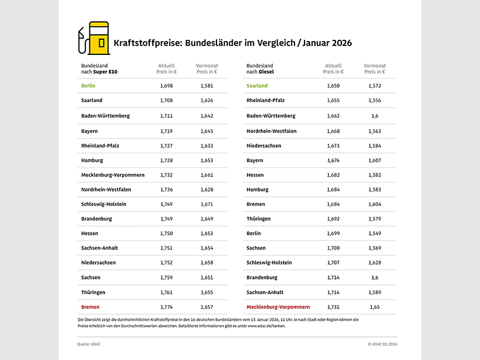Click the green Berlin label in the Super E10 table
click(88, 86)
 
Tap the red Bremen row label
click(90, 307)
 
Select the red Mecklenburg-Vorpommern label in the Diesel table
click(278, 307)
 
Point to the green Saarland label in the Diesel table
click(257, 86)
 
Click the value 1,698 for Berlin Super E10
click(166, 86)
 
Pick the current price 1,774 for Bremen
click(166, 307)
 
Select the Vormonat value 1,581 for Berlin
click(207, 86)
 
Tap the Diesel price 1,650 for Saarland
click(333, 86)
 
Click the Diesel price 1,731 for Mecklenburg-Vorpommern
click(333, 307)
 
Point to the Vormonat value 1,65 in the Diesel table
click(375, 307)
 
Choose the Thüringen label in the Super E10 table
click(93, 292)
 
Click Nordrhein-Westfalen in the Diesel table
click(271, 130)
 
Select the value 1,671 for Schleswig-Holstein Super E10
click(207, 204)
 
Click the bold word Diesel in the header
click(266, 72)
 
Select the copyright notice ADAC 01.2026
click(382, 344)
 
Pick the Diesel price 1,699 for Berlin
click(333, 233)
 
